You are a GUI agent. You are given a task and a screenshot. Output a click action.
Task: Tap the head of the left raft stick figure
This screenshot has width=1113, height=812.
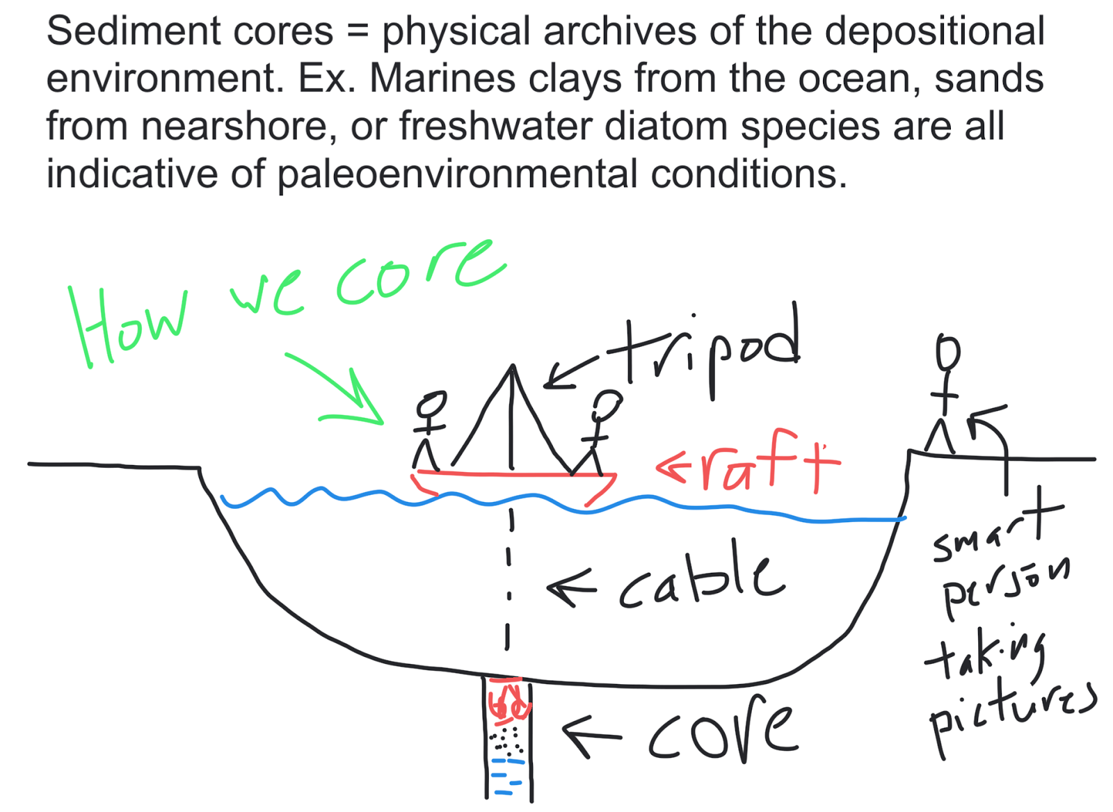[431, 403]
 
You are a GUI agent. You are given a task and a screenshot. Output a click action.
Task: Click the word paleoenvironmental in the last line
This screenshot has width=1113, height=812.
[457, 174]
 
